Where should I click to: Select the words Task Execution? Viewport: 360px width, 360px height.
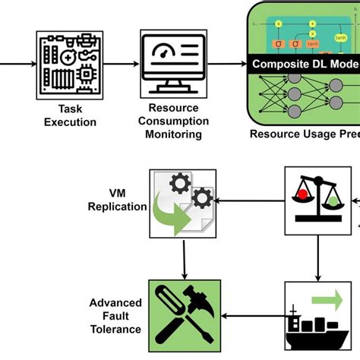pos(66,114)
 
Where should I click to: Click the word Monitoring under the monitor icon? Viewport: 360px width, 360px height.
pos(174,134)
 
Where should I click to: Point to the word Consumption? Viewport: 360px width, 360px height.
pos(174,122)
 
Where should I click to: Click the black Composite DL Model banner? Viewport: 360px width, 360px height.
pos(304,64)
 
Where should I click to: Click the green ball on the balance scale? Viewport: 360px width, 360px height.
pos(333,202)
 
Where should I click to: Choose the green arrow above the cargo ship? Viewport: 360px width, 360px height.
pos(325,296)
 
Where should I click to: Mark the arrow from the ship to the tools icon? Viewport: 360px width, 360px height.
pos(254,315)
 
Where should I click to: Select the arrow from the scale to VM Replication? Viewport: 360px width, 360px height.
pos(251,201)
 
